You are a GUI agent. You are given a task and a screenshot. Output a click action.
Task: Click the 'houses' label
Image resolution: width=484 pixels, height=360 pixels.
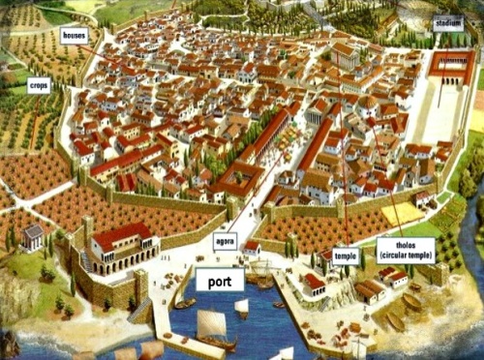point(74,35)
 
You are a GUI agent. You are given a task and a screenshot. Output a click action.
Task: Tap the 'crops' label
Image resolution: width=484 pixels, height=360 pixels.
point(39,86)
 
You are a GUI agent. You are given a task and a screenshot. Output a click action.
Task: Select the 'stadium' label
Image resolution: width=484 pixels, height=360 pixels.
point(448,24)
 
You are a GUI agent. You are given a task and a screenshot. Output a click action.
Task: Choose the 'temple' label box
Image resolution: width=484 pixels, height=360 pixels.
point(347,256)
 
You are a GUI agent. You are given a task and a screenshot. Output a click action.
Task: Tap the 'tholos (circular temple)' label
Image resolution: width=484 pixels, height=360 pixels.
point(406,250)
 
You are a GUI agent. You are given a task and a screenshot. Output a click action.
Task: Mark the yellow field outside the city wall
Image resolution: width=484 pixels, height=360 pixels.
point(400,213)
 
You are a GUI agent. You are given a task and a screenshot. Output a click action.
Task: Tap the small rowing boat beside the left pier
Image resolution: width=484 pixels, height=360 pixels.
point(184,304)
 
